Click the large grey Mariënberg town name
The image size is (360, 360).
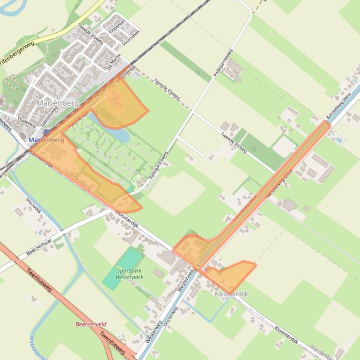(57, 102)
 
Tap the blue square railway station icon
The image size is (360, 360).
(45, 133)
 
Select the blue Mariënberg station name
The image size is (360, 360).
(46, 140)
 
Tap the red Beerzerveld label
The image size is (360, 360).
(91, 324)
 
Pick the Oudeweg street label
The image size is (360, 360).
(26, 122)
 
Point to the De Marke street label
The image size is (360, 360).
(114, 62)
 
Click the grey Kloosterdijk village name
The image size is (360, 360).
(231, 294)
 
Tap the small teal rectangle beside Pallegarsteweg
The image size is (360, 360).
(130, 188)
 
